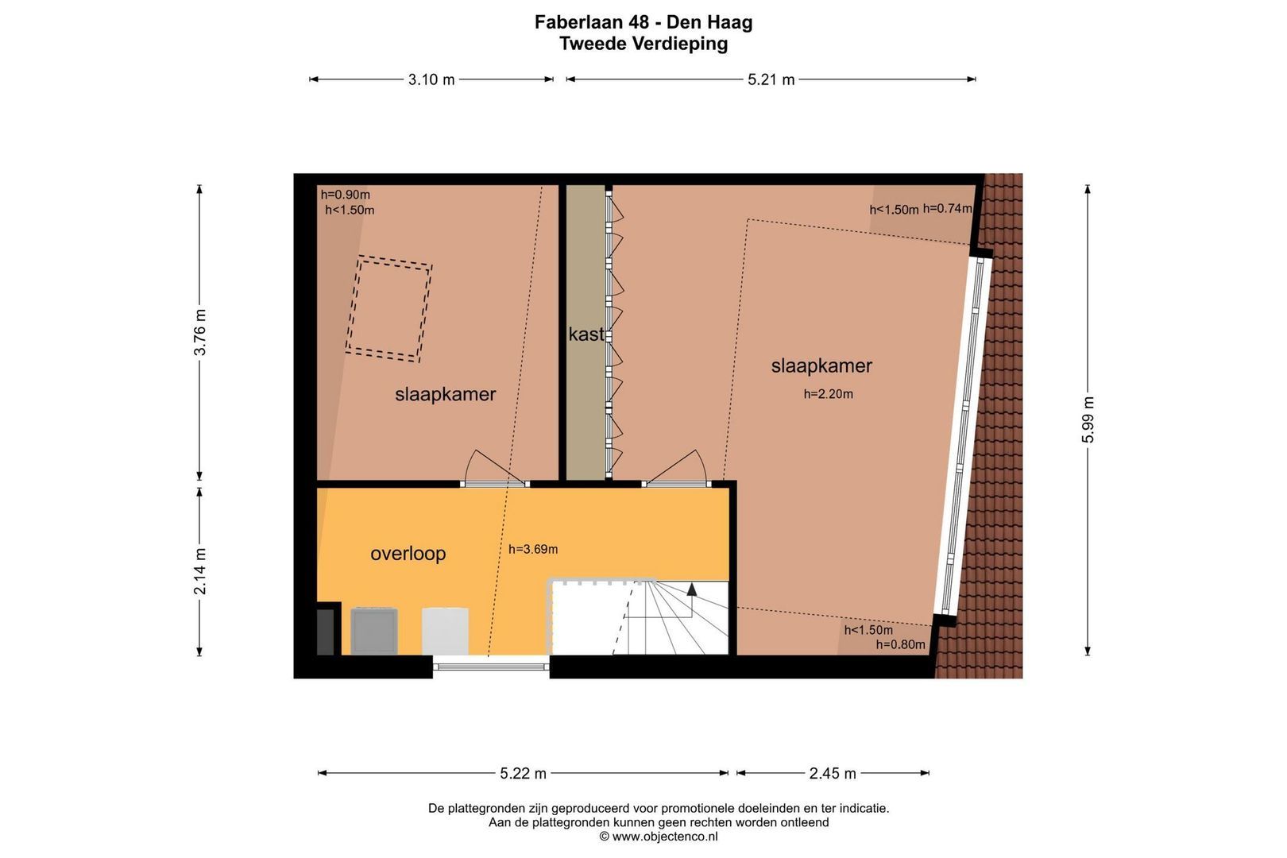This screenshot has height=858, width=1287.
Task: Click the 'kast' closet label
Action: pos(586,334)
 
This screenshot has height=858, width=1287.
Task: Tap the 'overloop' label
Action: pos(408,554)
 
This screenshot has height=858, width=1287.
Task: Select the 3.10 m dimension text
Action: pos(431,80)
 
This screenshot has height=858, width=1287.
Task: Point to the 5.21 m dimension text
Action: pos(771,80)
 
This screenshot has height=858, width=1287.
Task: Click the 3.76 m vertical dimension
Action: pos(199,332)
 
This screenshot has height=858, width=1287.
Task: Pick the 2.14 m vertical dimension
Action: pos(199,571)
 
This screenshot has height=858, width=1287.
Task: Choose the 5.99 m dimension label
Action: pos(1088,420)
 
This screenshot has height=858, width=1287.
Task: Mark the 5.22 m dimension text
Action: pos(523,774)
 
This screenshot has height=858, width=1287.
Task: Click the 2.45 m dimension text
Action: pos(833,774)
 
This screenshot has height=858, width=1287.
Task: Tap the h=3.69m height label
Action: pos(532,550)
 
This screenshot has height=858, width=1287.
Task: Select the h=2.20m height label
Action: pos(828,394)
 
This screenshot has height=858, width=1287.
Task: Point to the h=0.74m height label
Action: pos(947,209)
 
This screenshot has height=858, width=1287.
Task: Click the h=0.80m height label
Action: pos(900,645)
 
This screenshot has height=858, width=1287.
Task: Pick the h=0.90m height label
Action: pos(346,195)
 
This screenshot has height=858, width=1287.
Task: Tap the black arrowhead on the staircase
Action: pos(692,589)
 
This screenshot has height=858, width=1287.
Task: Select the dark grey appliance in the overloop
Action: pos(374,631)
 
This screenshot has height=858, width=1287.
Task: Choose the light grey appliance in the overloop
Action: pos(445,631)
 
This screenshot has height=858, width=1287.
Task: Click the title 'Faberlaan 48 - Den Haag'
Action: pos(643,22)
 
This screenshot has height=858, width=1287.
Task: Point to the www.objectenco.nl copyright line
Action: pos(659,837)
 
